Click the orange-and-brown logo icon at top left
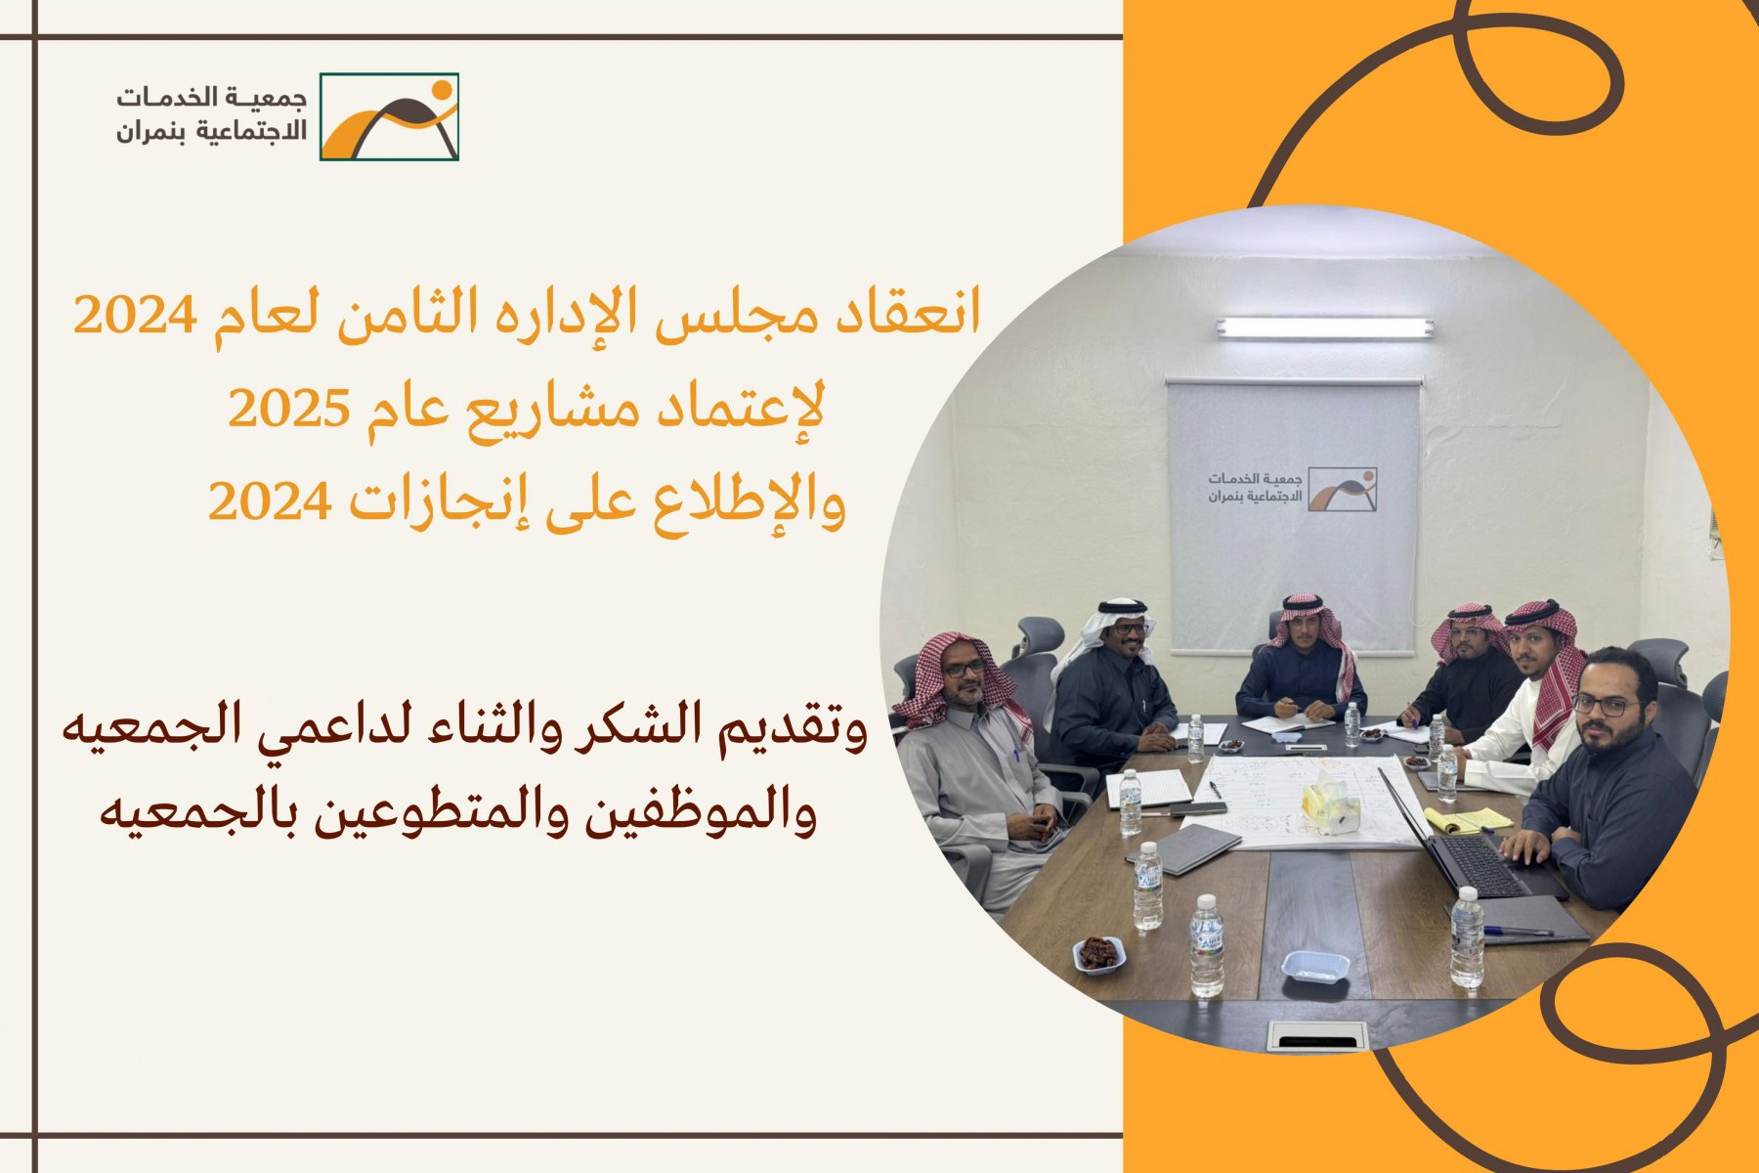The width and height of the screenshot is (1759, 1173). [x=389, y=116]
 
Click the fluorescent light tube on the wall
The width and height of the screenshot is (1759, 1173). [x=1324, y=328]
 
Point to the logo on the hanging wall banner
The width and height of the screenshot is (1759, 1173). [x=1293, y=489]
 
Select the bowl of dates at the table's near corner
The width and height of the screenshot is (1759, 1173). [x=1098, y=954]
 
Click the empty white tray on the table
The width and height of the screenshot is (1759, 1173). [x=1314, y=966]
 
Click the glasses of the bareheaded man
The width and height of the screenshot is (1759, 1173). [x=1605, y=704]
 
